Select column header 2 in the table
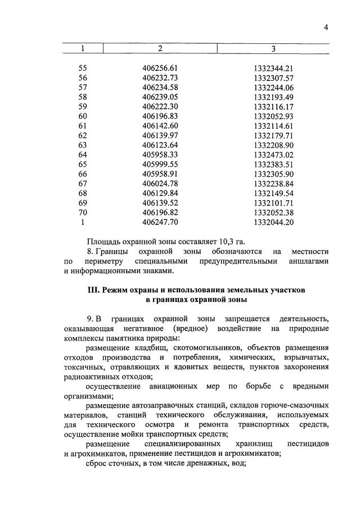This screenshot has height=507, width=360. coord(160,49)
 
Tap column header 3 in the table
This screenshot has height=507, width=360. coord(273,49)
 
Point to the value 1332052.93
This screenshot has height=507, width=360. coord(274,115)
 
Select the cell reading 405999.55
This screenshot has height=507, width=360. coord(160,164)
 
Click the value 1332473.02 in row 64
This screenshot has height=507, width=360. coord(274,154)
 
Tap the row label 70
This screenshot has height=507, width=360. coord(83,212)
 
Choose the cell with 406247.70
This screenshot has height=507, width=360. coord(160,222)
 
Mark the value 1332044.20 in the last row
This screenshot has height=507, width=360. coord(274,222)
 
